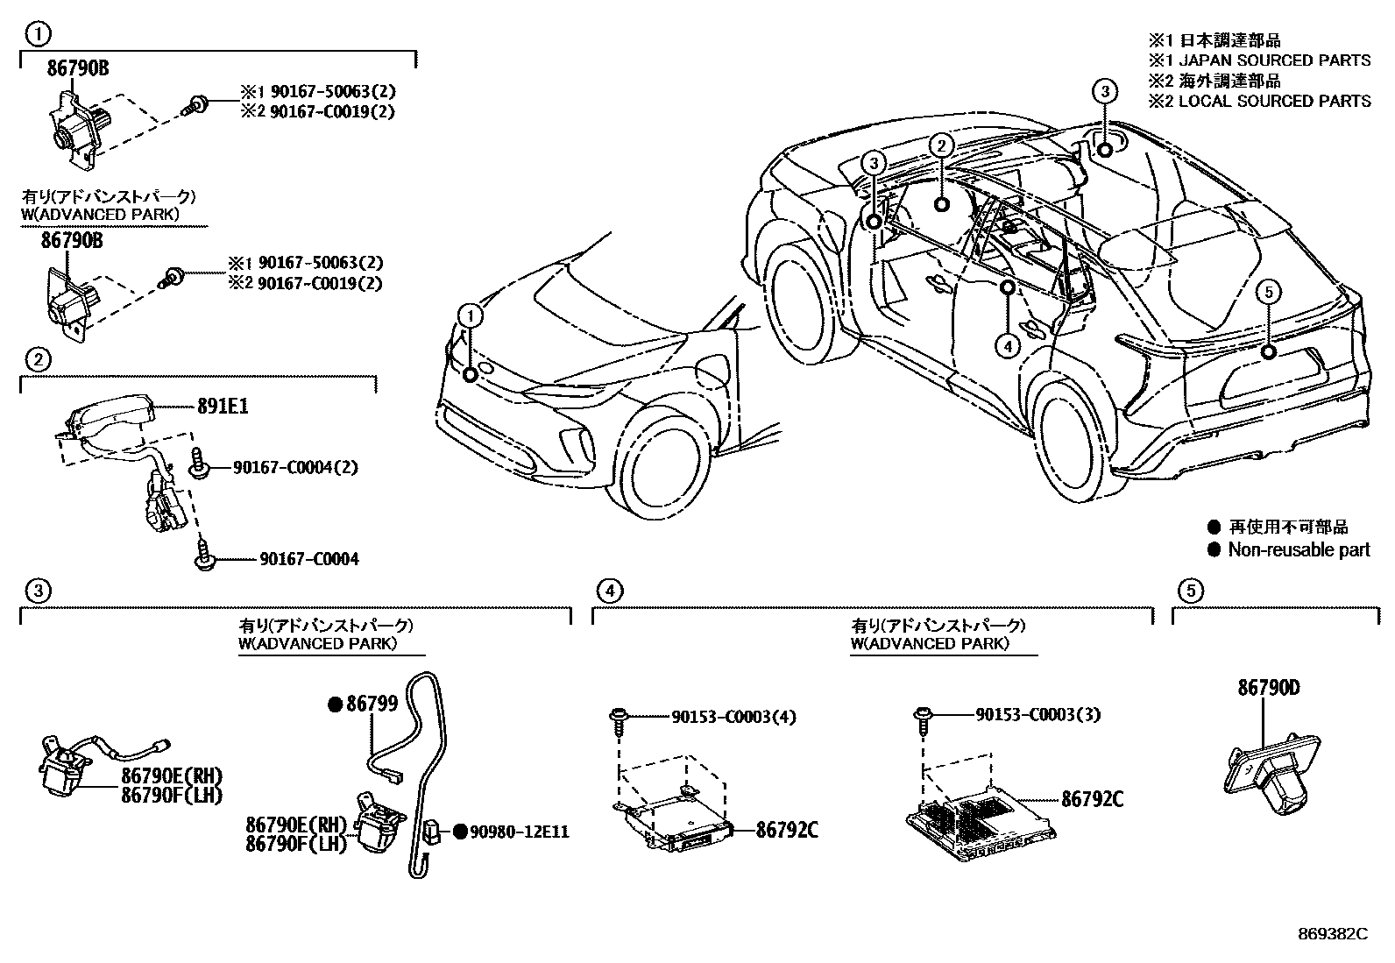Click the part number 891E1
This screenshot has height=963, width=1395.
click(x=223, y=406)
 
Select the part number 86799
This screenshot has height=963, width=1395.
click(x=372, y=704)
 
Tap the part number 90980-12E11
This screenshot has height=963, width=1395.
click(x=520, y=832)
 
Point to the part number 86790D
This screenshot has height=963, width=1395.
click(x=1269, y=688)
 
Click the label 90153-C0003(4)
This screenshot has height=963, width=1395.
click(x=733, y=717)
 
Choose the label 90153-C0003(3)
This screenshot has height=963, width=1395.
click(x=1038, y=714)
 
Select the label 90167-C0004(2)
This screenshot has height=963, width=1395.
click(x=296, y=467)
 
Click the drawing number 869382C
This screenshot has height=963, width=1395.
click(x=1333, y=934)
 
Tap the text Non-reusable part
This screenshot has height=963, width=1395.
click(x=1299, y=549)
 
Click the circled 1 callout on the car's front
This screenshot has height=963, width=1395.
click(x=471, y=316)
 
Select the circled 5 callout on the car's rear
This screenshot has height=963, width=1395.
click(x=1269, y=292)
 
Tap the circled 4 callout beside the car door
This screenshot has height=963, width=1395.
click(x=1008, y=345)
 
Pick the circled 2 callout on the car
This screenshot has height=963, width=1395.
click(x=941, y=146)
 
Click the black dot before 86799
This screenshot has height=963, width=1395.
click(x=336, y=705)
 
